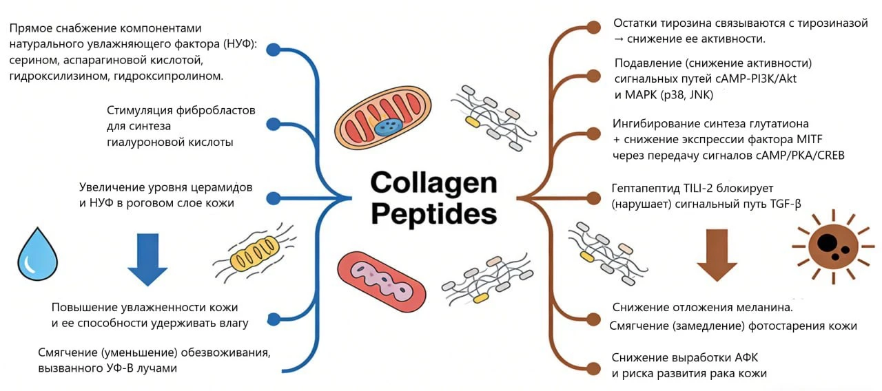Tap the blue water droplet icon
(x=37, y=254)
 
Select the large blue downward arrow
(x=147, y=260)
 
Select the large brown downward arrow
(x=717, y=255)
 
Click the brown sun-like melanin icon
(x=833, y=246)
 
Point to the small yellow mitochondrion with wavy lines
(x=255, y=253)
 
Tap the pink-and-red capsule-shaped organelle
(x=382, y=282)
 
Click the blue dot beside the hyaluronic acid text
(x=274, y=125)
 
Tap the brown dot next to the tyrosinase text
(x=594, y=27)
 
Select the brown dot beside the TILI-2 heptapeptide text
(x=594, y=198)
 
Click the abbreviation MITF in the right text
(x=810, y=139)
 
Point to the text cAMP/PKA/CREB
(x=800, y=156)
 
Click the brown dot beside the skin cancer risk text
(x=594, y=369)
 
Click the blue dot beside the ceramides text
(x=274, y=198)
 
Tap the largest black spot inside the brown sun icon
(x=827, y=242)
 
